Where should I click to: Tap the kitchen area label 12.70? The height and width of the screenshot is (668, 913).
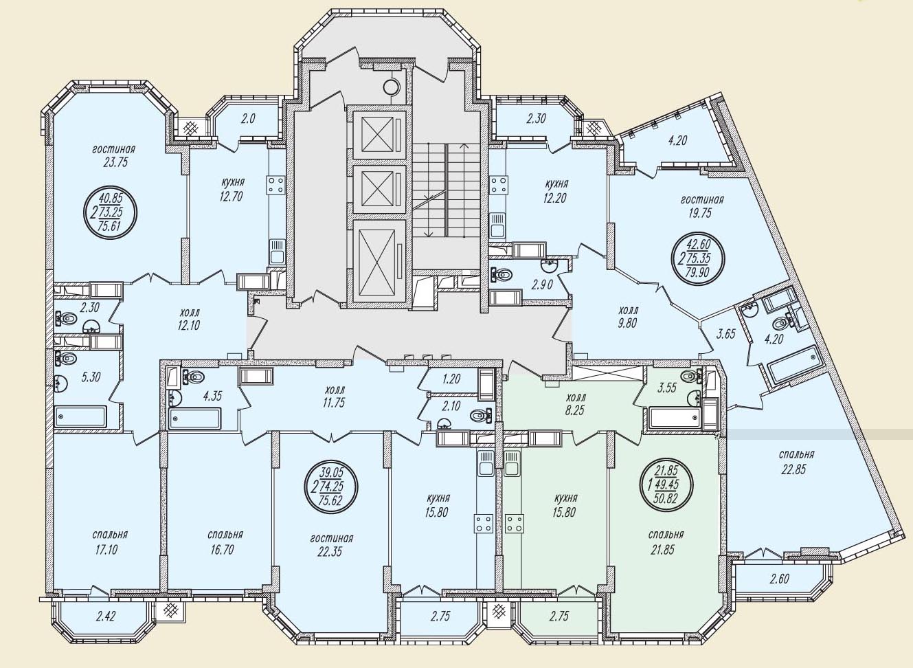coord(231,197)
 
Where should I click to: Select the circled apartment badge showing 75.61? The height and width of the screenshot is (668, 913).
coord(110,213)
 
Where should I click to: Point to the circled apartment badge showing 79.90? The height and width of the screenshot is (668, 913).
coord(698,258)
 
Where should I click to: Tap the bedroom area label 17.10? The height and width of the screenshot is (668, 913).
coord(106,550)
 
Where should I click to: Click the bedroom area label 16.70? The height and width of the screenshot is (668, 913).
coord(222,550)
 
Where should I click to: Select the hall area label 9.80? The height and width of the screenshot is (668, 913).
coord(627,324)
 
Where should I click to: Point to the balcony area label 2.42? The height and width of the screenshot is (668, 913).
coord(106,615)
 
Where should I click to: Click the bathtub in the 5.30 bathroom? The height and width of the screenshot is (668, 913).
coord(80,416)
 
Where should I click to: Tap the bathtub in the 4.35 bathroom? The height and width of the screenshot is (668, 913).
coord(195,419)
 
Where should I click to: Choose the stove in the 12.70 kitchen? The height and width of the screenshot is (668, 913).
coord(276,185)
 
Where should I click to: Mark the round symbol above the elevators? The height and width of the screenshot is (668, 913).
coord(391,87)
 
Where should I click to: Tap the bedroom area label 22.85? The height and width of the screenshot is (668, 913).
coord(793,469)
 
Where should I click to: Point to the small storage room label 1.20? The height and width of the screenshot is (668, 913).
coord(451,379)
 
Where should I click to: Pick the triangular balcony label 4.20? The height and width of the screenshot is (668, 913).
coord(677,141)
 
